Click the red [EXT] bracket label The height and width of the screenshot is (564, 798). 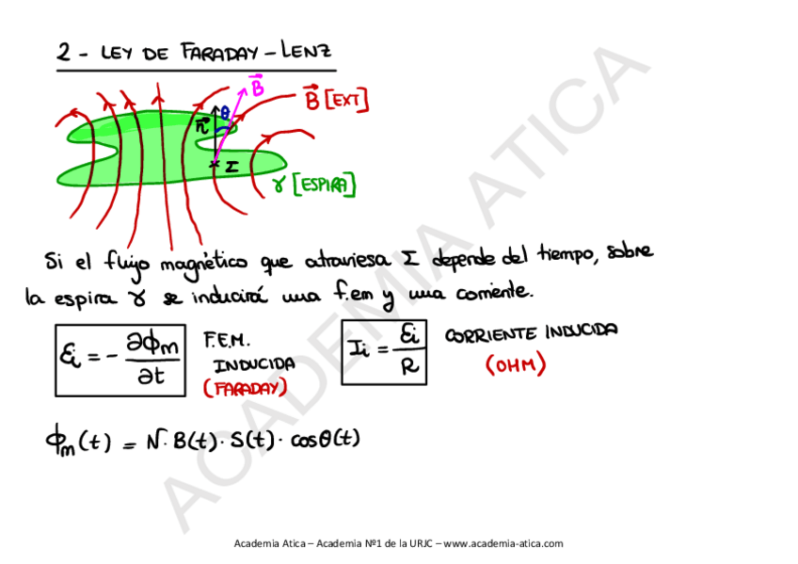click(x=348, y=100)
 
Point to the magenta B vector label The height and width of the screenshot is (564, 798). click(x=256, y=87)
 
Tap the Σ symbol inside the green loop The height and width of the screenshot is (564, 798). click(x=230, y=166)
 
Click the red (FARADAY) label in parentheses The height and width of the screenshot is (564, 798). click(x=245, y=388)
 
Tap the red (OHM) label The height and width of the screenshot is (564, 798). click(x=516, y=366)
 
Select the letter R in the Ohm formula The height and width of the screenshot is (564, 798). click(x=407, y=367)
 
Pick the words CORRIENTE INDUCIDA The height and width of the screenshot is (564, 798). click(x=530, y=332)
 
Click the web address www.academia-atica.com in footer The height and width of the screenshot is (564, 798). click(x=503, y=543)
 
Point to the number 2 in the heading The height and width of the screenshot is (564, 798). click(x=64, y=54)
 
